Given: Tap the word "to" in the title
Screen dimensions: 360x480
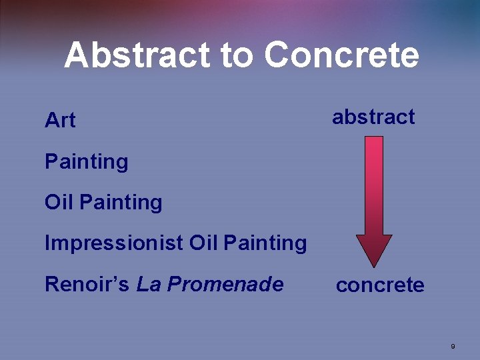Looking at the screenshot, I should [x=238, y=56].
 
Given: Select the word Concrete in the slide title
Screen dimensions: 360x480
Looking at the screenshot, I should [x=342, y=55].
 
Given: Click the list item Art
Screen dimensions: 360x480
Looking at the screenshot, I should [x=60, y=121].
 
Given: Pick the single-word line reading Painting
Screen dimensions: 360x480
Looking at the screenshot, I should [x=86, y=162].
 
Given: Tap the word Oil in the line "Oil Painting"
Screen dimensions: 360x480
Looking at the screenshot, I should [x=59, y=202].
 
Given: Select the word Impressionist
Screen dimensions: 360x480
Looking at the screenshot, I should [x=114, y=243].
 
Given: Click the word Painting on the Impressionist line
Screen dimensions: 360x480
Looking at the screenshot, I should [x=265, y=244].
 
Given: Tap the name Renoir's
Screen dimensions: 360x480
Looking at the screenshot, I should [x=87, y=285].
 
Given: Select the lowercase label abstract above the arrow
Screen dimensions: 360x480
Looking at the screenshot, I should [x=373, y=117].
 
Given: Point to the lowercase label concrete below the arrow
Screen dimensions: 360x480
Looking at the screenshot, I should [x=380, y=285].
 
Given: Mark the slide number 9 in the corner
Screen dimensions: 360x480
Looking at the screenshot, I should [x=453, y=346].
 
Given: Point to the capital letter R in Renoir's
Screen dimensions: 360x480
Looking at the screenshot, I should [x=51, y=285].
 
